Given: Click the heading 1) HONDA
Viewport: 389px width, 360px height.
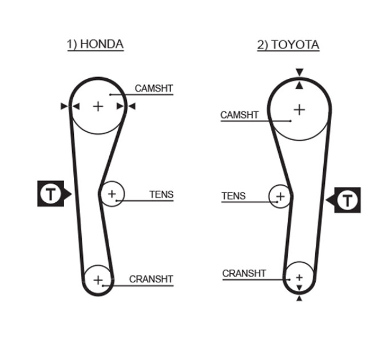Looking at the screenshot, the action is [96, 45].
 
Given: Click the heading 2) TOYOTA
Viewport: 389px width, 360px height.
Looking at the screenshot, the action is [288, 45].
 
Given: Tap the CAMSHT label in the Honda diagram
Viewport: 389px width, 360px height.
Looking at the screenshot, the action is [153, 88].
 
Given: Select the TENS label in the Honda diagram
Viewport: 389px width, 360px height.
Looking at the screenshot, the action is [161, 194].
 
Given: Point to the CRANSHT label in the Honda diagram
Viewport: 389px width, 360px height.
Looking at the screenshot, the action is [151, 279].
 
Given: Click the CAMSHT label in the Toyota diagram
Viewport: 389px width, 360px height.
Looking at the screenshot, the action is [239, 115].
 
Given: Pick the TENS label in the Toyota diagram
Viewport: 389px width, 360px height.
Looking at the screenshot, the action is [233, 196].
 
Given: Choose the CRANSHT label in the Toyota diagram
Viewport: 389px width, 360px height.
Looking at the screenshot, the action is [244, 274].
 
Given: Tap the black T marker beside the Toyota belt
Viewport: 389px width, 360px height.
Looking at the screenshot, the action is [344, 200].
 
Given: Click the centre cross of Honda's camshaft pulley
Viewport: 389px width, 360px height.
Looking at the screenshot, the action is [98, 106].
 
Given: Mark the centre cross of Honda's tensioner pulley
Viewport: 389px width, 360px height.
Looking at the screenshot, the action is [112, 194].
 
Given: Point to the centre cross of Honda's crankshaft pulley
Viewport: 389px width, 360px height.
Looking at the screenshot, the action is [98, 280].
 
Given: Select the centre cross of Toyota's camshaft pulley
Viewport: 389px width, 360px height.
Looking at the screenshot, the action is [299, 110].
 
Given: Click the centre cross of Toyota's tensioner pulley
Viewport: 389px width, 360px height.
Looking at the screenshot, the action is [280, 197].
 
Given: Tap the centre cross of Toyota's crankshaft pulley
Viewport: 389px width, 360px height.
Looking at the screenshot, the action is [299, 278].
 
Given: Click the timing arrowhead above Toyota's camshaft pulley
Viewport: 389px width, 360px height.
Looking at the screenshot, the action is [300, 73].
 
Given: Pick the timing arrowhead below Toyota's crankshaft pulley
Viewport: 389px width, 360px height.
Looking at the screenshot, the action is [299, 298].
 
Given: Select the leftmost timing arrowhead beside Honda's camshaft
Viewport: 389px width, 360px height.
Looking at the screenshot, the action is [64, 106].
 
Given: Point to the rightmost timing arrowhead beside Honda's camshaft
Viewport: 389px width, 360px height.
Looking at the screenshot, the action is [132, 106].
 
